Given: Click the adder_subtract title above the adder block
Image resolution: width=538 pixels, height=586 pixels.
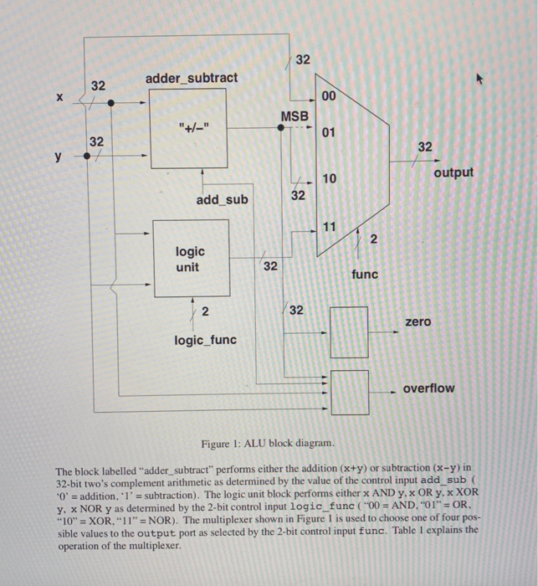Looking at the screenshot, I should click(192, 78).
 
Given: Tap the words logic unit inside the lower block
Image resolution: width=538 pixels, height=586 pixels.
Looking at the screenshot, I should click(187, 259).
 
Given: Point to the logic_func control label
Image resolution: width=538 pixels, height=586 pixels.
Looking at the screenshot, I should click(205, 339).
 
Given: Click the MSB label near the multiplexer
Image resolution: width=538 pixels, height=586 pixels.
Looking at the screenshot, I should click(294, 116).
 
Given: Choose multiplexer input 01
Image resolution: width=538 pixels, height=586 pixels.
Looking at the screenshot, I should click(328, 132).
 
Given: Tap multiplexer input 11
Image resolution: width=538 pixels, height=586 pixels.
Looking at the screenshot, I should click(328, 226).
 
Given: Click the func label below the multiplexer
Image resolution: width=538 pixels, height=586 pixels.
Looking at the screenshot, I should click(365, 274).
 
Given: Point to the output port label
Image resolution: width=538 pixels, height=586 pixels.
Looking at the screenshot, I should click(453, 172).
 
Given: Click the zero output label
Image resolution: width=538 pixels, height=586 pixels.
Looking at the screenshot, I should click(418, 321).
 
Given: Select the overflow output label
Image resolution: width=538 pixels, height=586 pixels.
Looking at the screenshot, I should click(428, 388).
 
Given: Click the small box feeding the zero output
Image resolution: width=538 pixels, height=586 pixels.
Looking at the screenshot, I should click(350, 331).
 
